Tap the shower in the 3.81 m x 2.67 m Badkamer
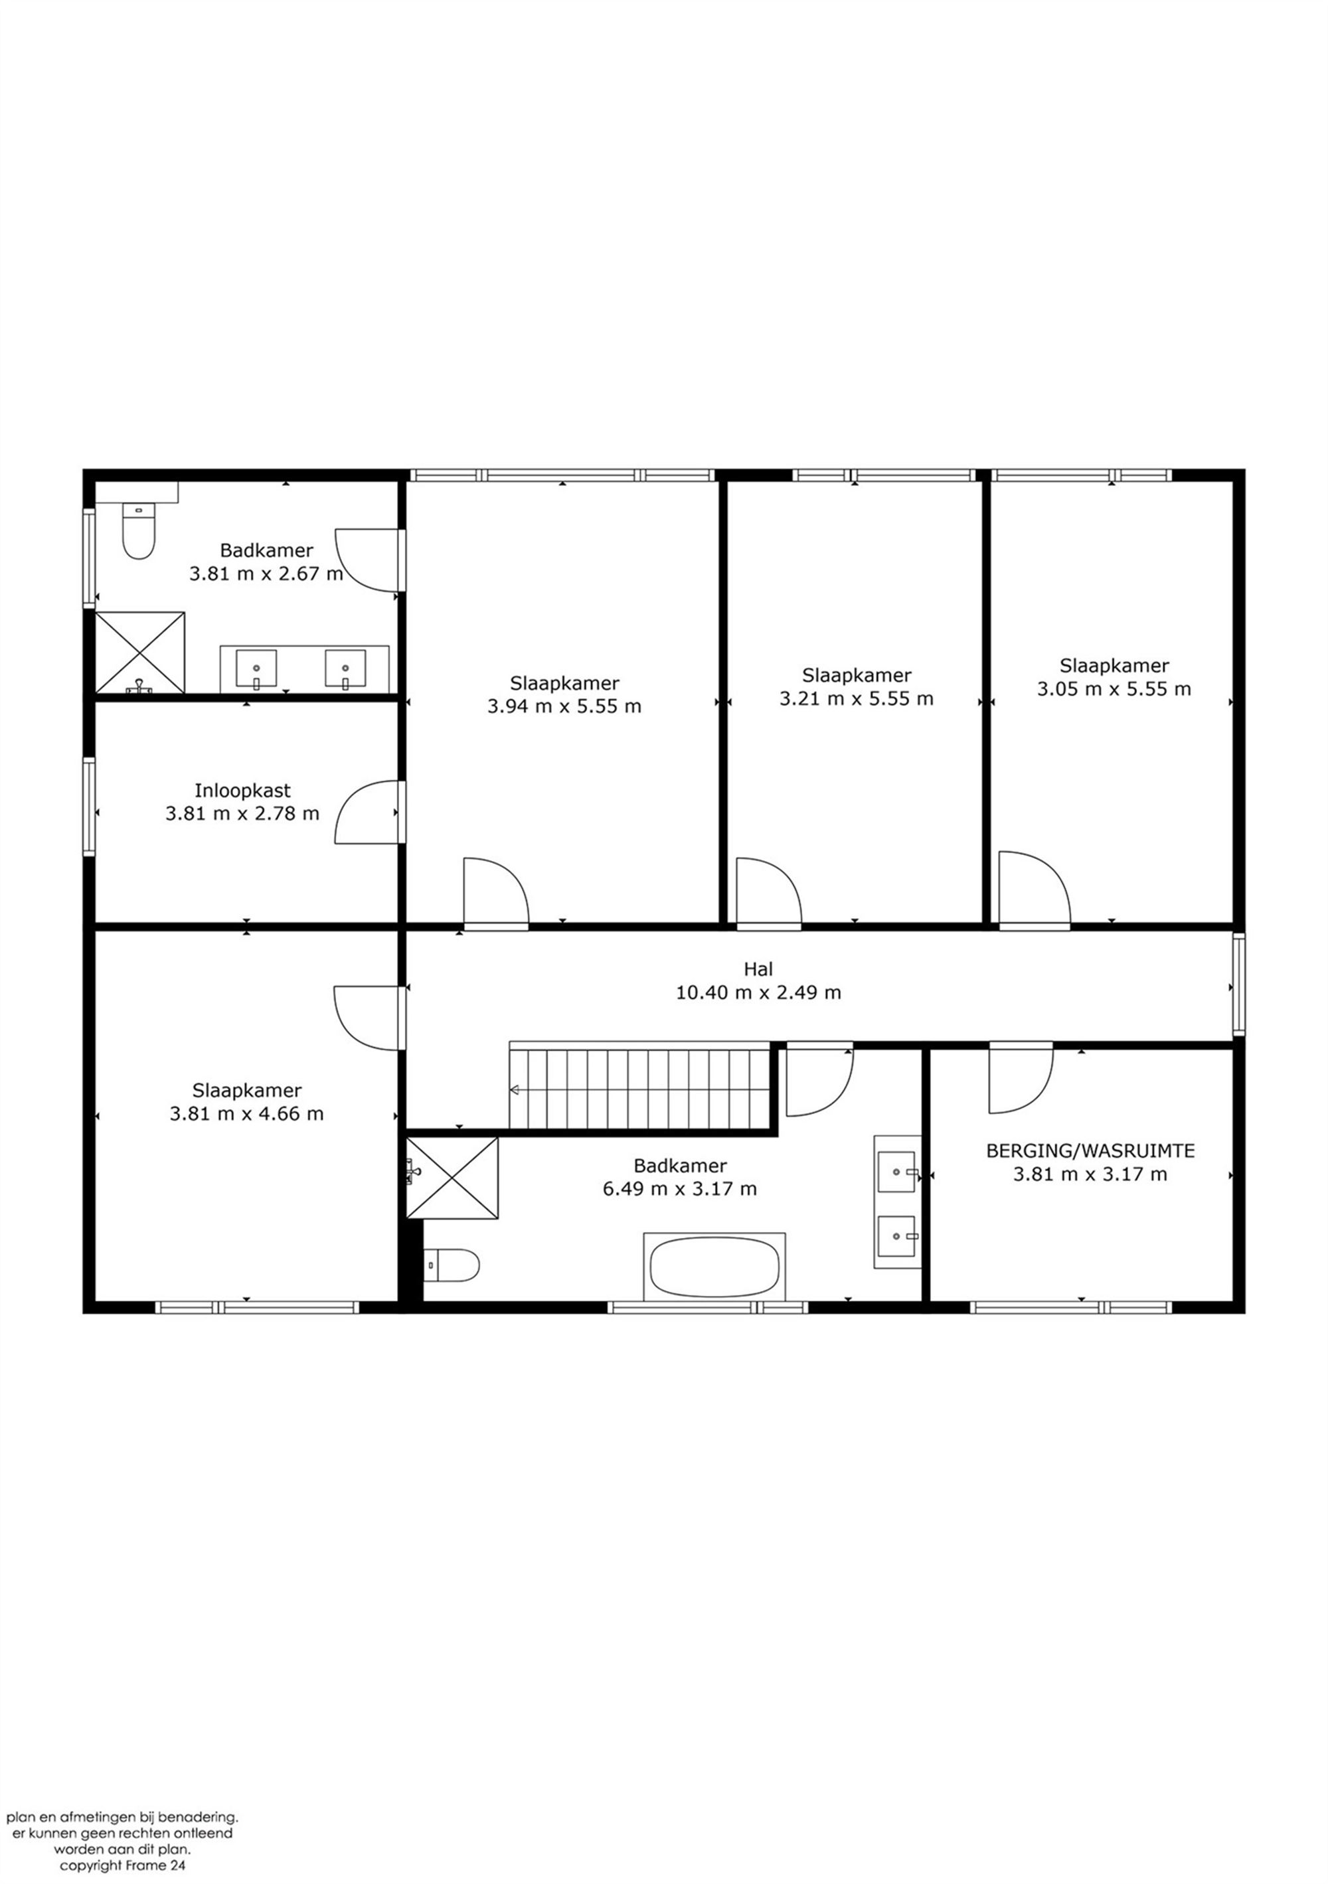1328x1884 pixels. point(140,653)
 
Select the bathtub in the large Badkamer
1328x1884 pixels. point(714,1266)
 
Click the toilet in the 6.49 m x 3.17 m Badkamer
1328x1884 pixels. point(451,1265)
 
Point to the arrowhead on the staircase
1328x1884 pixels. point(515,1089)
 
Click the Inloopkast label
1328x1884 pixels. point(242,791)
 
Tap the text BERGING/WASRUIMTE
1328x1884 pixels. point(1090,1150)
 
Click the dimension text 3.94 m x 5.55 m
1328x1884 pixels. point(564,706)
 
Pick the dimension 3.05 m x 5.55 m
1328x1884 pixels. point(1114,688)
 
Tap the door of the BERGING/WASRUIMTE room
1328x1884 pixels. point(1020,1077)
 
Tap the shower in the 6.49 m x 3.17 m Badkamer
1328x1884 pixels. point(452,1178)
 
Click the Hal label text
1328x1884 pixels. point(758,969)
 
